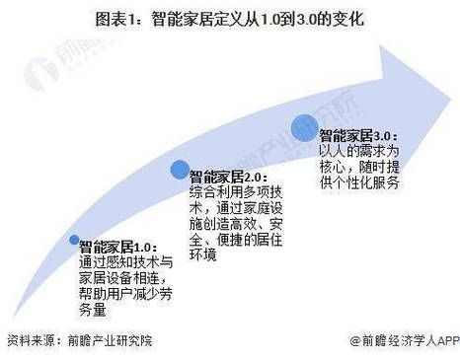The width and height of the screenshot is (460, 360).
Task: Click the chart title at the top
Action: pyautogui.click(x=230, y=19)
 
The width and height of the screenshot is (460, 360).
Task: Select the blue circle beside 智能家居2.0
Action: pyautogui.click(x=180, y=170)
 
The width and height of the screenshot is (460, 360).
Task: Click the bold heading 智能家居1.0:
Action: pyautogui.click(x=116, y=247)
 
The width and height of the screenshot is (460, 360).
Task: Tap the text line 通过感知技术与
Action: pyautogui.click(x=124, y=261)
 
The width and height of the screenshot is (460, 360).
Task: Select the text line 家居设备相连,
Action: pyautogui.click(x=124, y=277)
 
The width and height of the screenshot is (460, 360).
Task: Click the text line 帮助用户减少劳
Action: pyautogui.click(x=124, y=293)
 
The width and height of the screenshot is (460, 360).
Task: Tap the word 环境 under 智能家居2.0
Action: pyautogui.click(x=202, y=254)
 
